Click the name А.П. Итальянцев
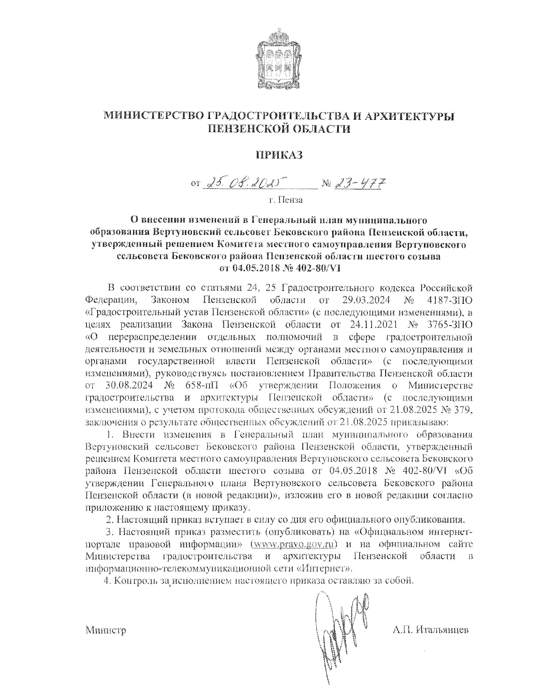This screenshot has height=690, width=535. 431,630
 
